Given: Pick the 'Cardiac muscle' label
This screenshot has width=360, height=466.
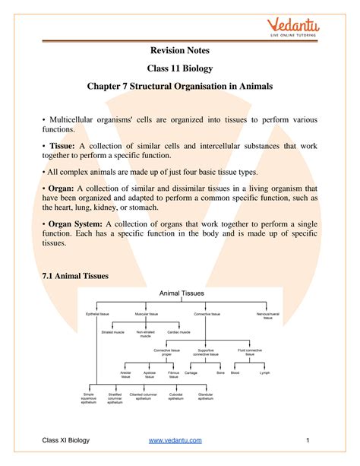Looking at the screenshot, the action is [x=179, y=331].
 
